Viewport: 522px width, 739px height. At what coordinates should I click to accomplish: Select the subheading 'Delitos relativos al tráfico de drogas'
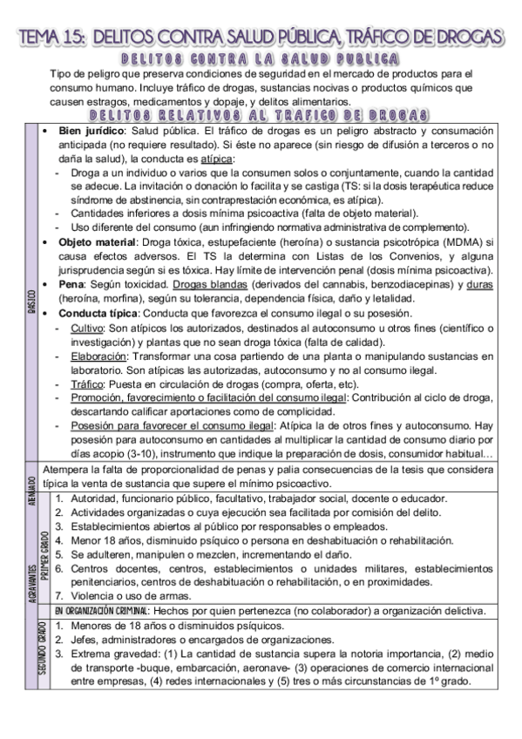click(x=257, y=114)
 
